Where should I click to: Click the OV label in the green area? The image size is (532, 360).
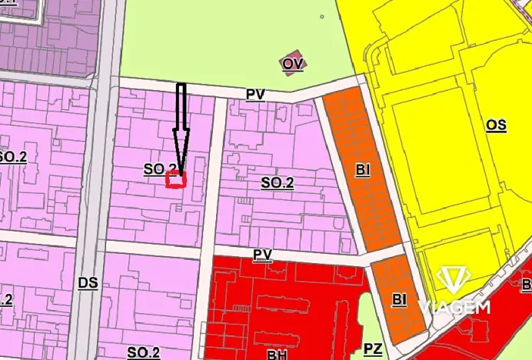292,64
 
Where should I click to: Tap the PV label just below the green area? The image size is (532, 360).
255,94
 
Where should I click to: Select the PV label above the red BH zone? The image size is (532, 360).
263,254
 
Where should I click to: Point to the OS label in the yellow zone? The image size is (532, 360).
496,124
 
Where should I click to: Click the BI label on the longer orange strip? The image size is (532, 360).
363,171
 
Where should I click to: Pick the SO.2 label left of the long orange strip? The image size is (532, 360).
278,183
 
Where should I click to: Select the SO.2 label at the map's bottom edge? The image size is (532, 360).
144,352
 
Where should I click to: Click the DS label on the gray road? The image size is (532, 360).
88,282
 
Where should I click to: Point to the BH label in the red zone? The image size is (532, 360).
278,355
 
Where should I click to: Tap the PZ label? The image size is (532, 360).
373,349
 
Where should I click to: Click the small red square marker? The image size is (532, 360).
177,180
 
